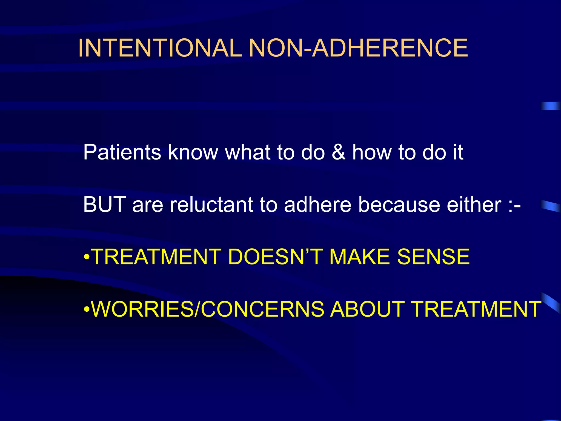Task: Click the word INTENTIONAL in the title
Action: point(160,48)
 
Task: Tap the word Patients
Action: point(122,152)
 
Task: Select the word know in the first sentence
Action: point(193,152)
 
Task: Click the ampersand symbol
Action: point(339,152)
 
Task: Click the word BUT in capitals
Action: point(104,204)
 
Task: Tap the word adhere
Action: point(317,204)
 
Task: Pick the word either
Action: point(474,204)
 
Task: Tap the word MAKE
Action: point(359,257)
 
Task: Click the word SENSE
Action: point(433,257)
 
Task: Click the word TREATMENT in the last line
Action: point(476,309)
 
